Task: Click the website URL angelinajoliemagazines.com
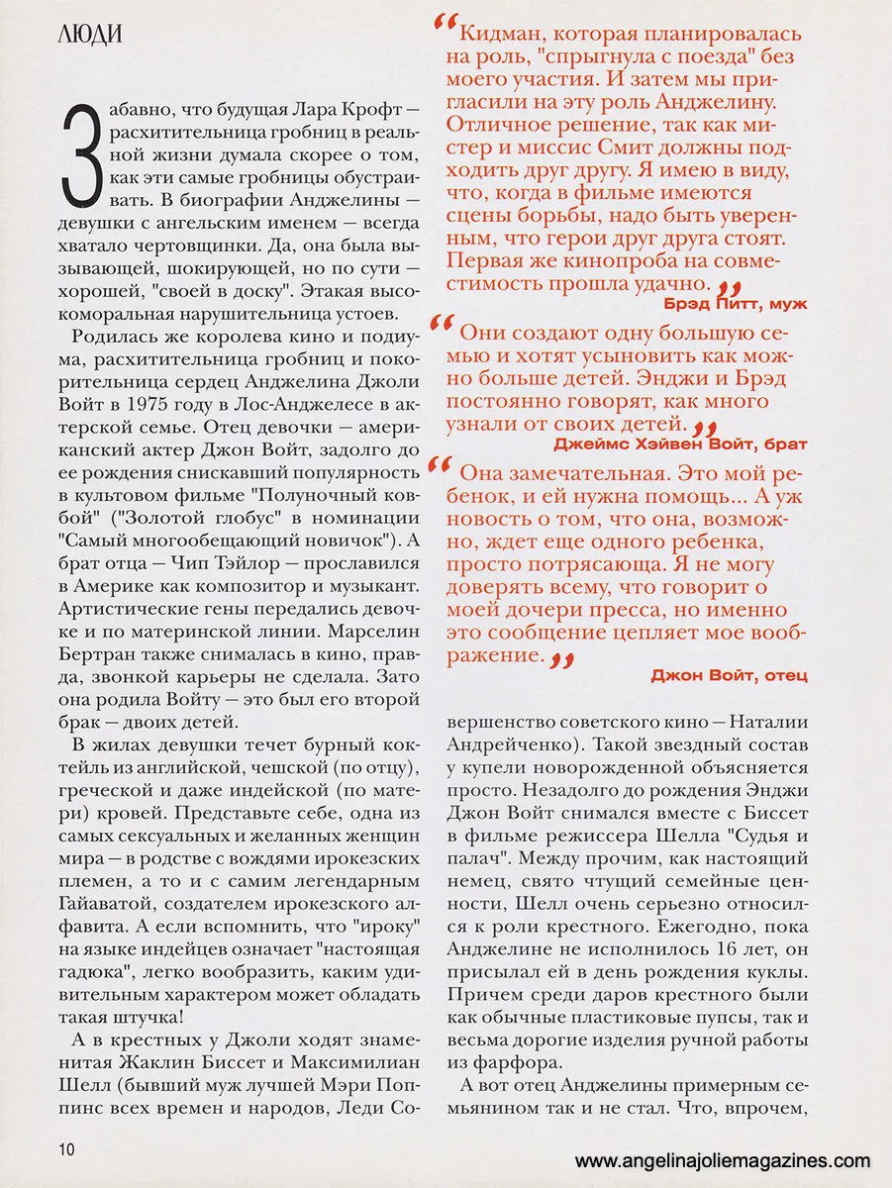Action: point(723,1161)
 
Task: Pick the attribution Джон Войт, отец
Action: point(730,675)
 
